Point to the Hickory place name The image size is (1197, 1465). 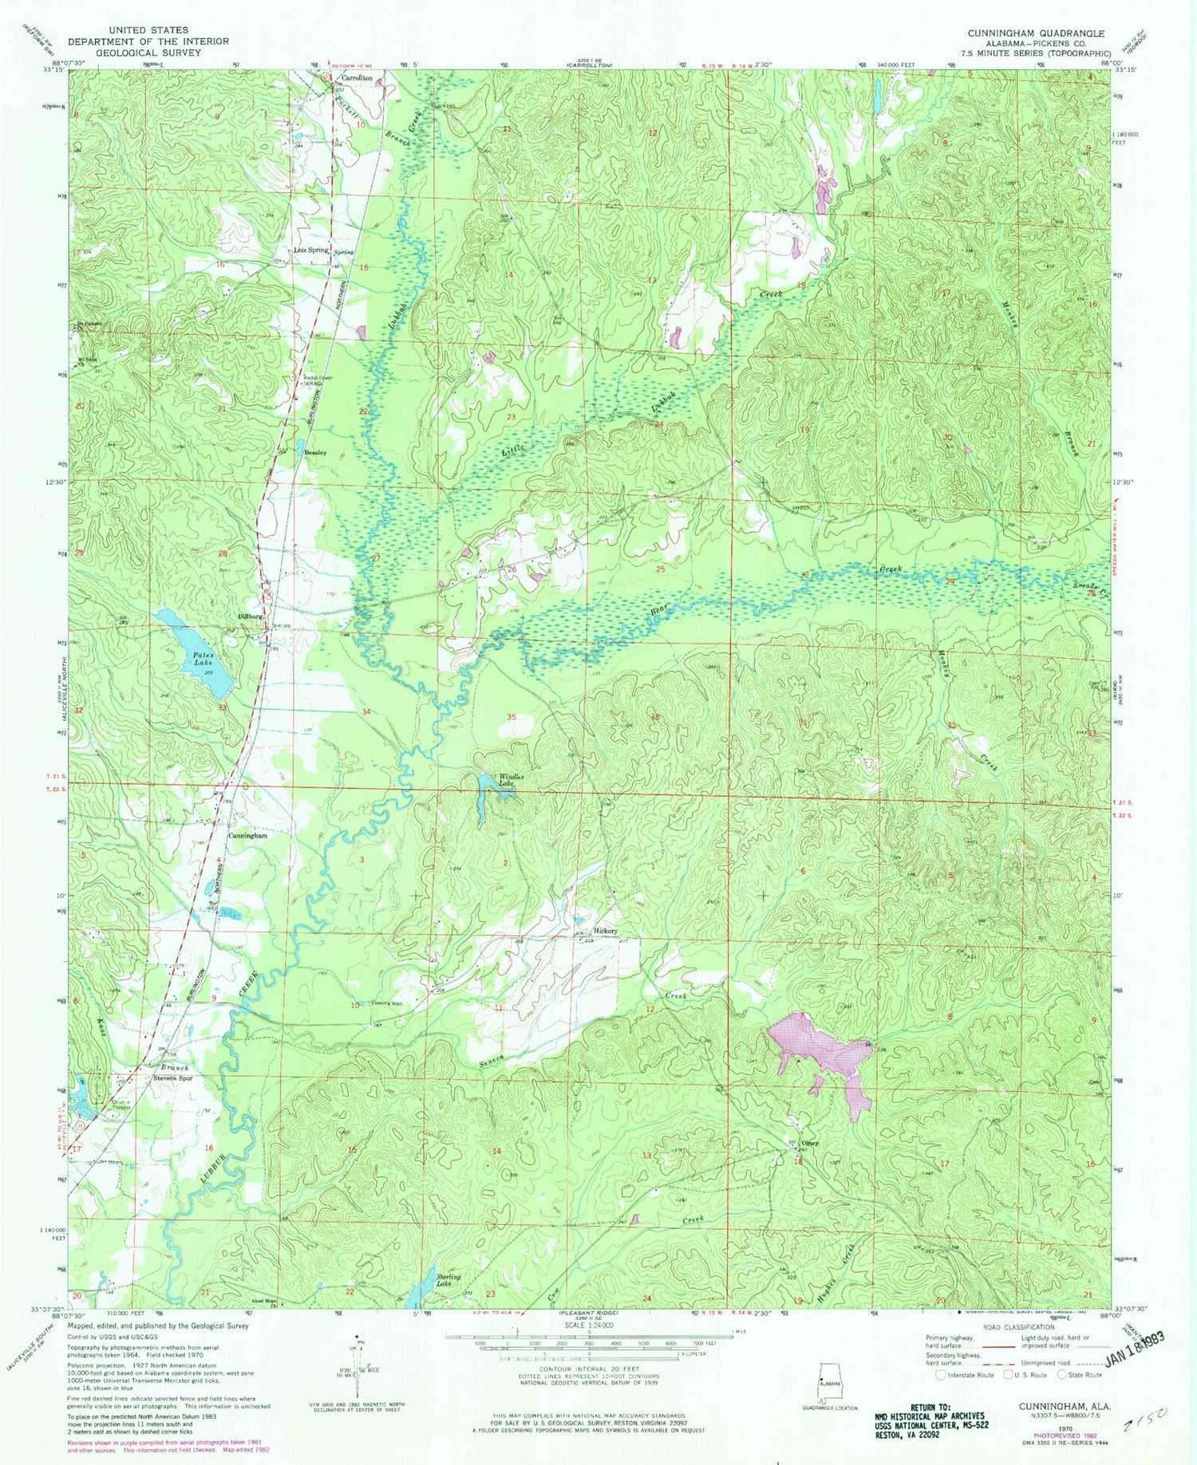[606, 931]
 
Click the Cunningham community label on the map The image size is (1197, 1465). [247, 836]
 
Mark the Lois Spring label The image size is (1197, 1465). [311, 250]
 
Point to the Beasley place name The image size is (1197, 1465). [314, 452]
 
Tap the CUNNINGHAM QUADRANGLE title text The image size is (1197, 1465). [1036, 33]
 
